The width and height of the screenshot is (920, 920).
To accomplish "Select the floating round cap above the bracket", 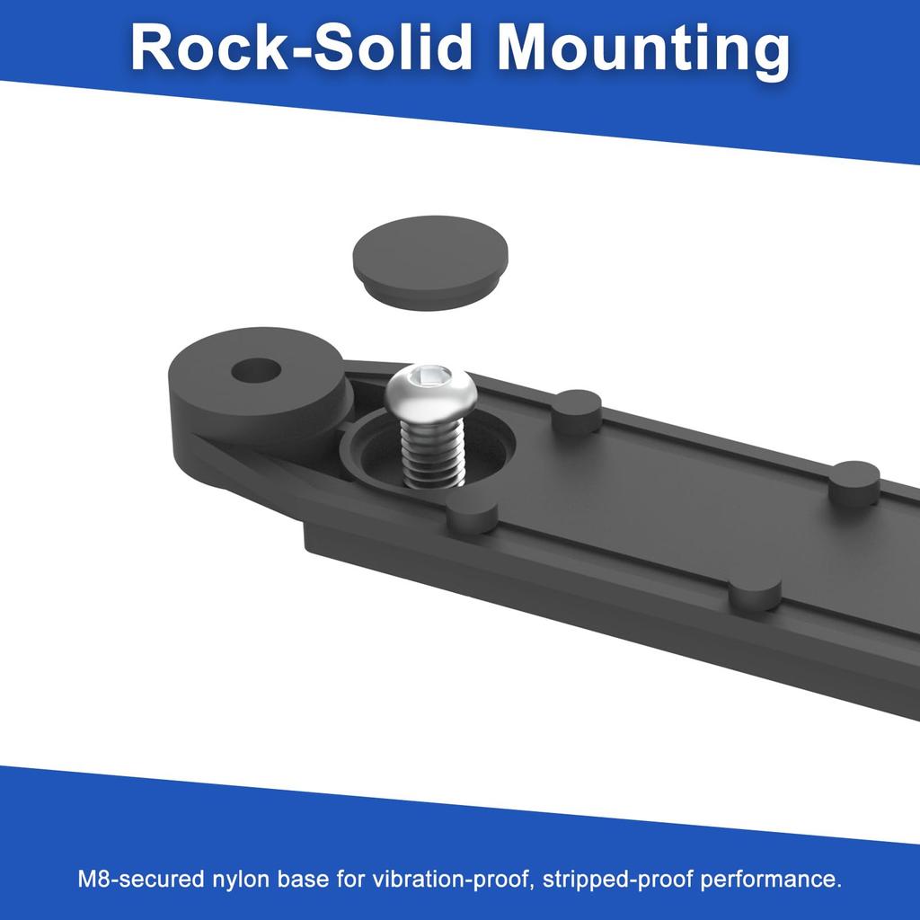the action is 430,262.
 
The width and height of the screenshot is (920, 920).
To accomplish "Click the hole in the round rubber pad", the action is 256,371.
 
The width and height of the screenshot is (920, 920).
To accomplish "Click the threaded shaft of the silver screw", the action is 431,450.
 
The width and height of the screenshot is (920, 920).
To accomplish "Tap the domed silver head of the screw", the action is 428,388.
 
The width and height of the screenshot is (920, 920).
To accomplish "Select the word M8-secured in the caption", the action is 141,879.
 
